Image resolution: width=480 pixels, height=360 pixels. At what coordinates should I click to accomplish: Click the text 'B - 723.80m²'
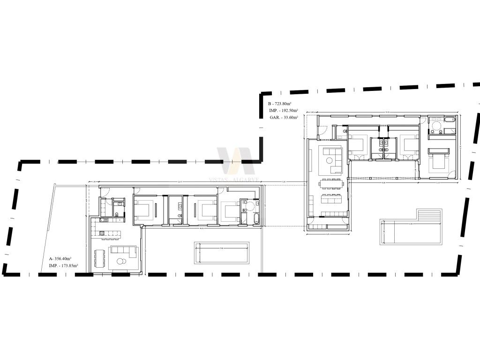[x=280, y=104]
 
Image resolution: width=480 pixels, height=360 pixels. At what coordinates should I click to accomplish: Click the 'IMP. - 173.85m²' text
[x=63, y=265]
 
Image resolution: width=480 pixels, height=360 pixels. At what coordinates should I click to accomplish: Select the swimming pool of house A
[x=222, y=253]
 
